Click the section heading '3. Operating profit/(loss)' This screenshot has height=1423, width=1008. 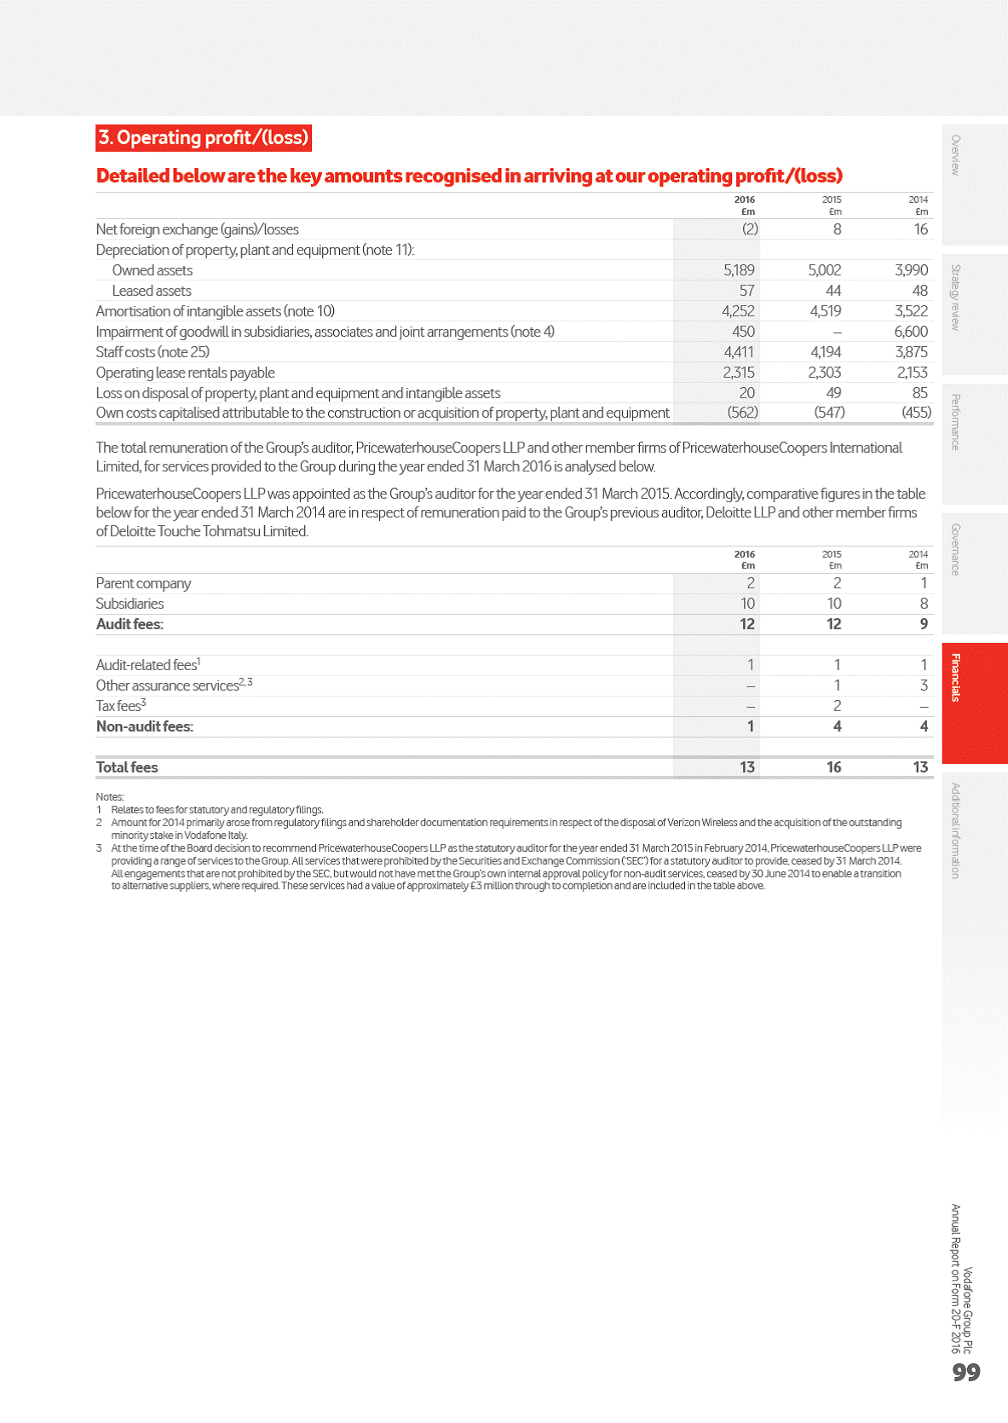(x=203, y=138)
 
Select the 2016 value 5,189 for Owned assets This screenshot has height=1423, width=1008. (x=739, y=270)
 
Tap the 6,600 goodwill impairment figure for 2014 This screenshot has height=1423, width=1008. (x=911, y=332)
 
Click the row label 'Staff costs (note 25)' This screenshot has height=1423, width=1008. (x=153, y=352)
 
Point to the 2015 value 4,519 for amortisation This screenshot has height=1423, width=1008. (x=825, y=311)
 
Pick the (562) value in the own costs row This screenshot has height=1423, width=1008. (x=742, y=413)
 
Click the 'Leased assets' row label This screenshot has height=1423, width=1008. (x=152, y=291)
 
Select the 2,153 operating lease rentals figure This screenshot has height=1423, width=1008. (x=912, y=373)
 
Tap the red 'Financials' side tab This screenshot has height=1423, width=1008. (x=956, y=677)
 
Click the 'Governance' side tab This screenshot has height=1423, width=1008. (x=956, y=549)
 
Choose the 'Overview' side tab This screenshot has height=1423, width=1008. (x=956, y=155)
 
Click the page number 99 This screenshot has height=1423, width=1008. (x=966, y=1372)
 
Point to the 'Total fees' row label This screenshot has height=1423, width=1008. (x=127, y=767)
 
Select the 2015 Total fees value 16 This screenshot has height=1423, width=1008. (x=833, y=767)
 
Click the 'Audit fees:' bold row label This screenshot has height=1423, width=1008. (x=130, y=624)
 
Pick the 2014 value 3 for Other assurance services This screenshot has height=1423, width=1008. (x=924, y=685)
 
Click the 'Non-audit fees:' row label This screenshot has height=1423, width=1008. (x=145, y=726)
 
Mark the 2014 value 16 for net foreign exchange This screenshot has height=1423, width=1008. (x=920, y=229)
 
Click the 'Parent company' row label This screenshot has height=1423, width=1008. (x=143, y=583)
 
